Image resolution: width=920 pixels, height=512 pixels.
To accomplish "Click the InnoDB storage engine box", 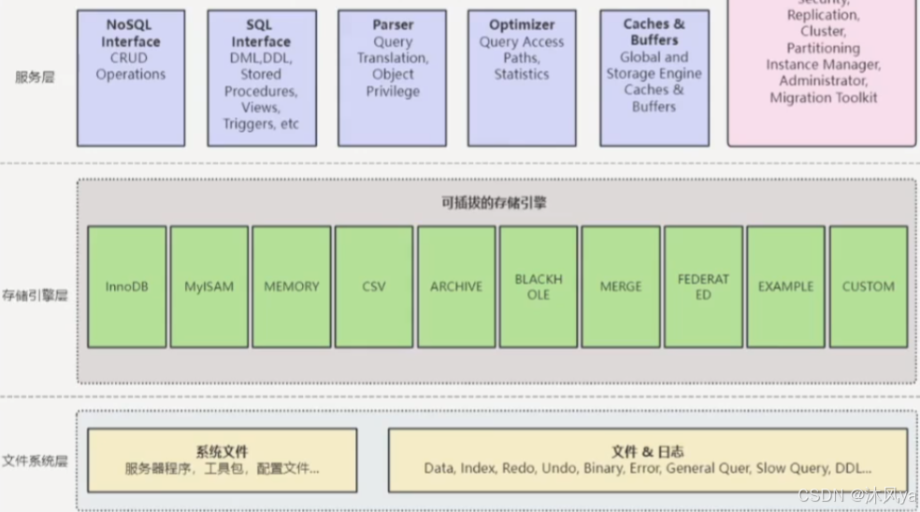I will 127,286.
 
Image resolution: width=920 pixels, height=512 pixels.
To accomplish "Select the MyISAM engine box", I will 209,286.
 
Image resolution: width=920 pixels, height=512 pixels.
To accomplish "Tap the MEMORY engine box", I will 292,286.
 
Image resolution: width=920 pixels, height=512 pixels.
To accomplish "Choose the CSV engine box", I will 374,286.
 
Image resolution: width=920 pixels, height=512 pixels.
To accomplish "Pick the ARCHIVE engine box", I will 456,286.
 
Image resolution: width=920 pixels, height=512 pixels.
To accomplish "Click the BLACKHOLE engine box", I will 539,286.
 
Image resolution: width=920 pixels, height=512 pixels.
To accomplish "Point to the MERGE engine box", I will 621,286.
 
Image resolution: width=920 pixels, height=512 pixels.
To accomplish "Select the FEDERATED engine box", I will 703,286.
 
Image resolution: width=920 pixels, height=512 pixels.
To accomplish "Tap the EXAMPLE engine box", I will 785,286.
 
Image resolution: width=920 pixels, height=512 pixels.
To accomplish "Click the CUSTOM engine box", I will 868,286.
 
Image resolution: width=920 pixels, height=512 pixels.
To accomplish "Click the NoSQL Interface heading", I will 131,33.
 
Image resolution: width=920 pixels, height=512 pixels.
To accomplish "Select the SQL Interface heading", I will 261,33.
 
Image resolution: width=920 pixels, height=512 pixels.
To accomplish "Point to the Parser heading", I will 393,24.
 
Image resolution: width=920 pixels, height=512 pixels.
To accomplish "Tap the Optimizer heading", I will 522,24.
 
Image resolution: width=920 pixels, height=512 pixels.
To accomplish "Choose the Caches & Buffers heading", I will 654,33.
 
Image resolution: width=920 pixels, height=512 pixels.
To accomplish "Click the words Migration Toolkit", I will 824,97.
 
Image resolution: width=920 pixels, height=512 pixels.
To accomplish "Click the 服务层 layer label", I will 35,77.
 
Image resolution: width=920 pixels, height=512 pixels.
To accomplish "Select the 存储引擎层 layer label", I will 35,297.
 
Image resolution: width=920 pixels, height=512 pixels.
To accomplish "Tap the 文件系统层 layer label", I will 35,461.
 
